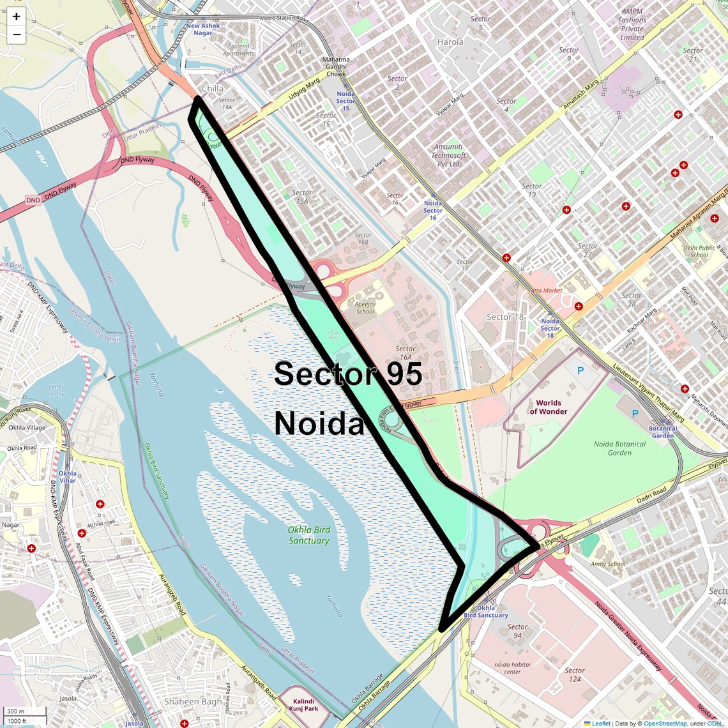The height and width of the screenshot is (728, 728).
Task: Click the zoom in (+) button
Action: click(16, 17)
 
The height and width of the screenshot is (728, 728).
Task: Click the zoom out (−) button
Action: click(16, 34)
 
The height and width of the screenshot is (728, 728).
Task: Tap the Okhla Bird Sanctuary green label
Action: click(308, 535)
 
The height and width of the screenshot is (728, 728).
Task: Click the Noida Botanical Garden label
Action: click(619, 448)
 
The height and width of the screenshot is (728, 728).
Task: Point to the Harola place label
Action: click(450, 42)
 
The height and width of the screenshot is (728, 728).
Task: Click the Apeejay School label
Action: click(365, 307)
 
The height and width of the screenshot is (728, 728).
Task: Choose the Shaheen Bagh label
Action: click(193, 701)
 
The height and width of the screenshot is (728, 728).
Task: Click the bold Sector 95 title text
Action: click(348, 374)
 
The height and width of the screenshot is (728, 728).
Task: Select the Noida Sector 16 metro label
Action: click(432, 211)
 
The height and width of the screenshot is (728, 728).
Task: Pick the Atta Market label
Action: click(547, 291)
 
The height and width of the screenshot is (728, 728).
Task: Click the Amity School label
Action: click(608, 564)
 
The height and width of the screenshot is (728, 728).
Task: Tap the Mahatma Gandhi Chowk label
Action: click(336, 66)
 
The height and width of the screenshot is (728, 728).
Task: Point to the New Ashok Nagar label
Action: click(202, 29)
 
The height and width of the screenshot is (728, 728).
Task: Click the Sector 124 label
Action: click(574, 674)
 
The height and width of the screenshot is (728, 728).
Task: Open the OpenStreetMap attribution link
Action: click(664, 724)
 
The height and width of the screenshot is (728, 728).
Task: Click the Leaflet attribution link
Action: click(600, 724)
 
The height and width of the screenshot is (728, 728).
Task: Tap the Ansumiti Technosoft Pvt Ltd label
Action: click(448, 155)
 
